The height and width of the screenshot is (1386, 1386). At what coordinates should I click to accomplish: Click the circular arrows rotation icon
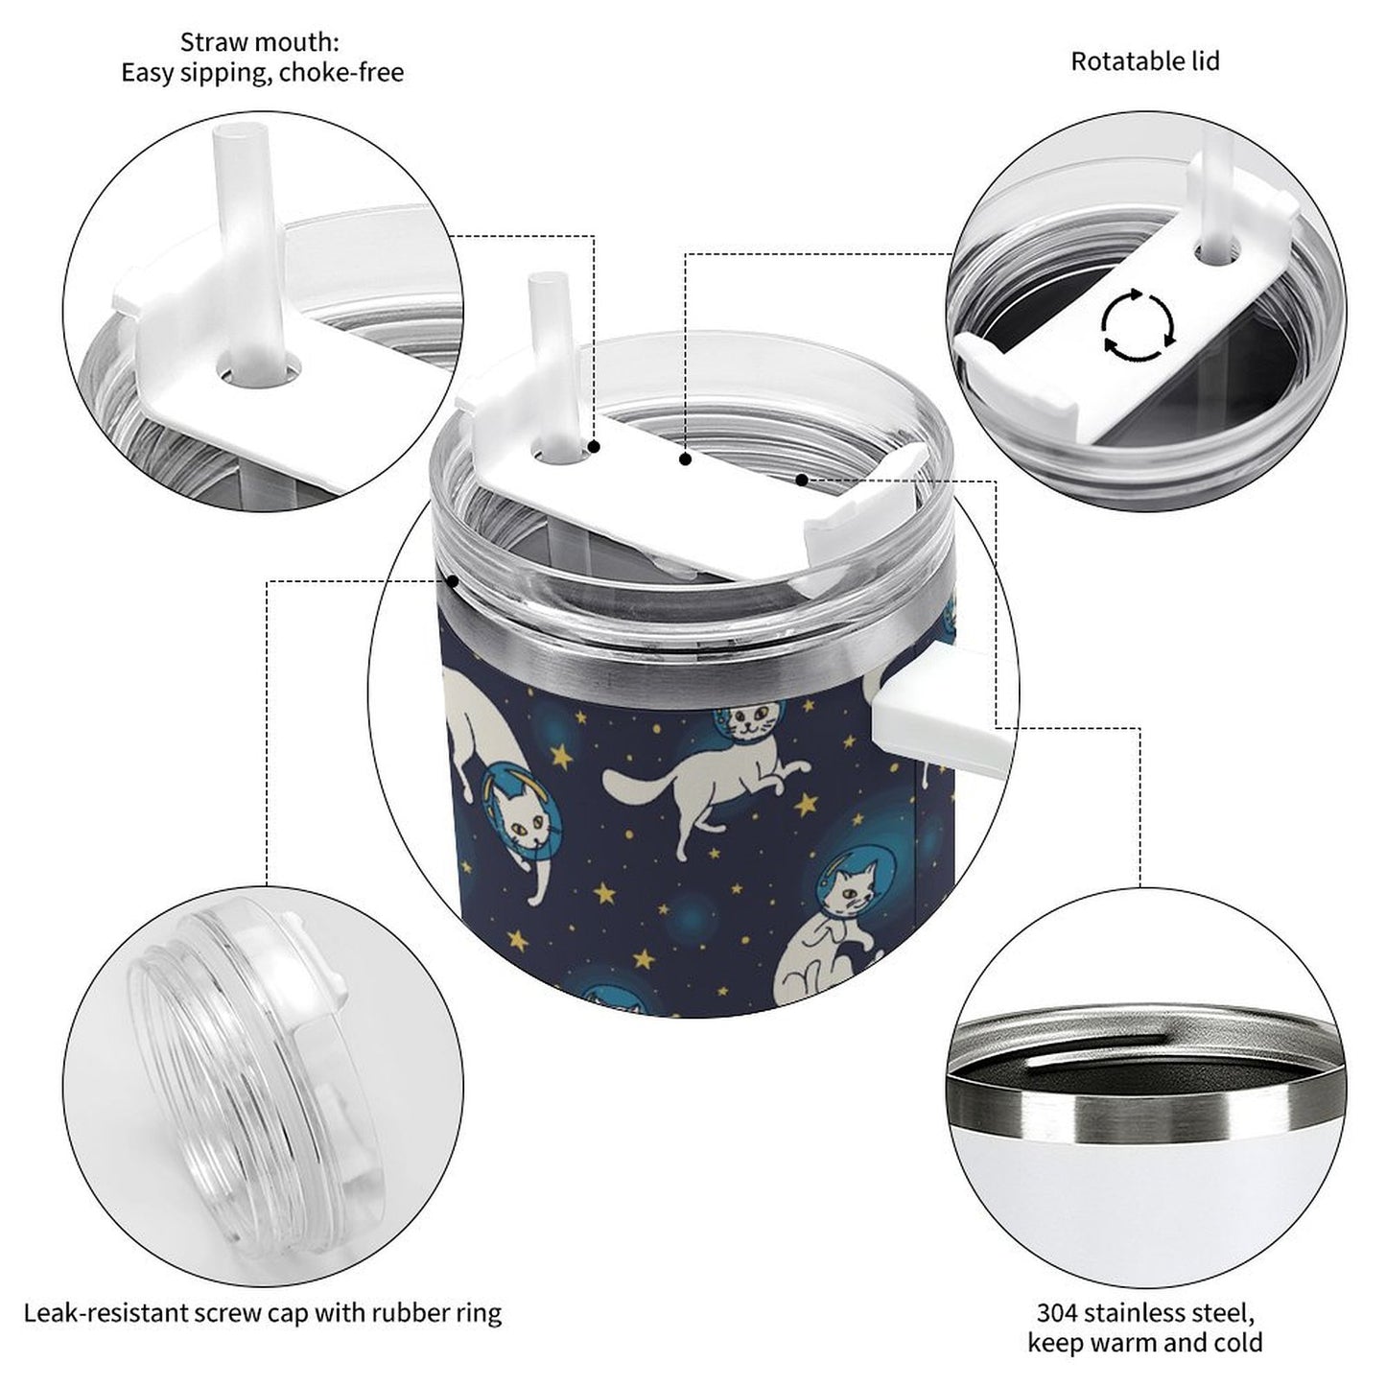click(x=1137, y=325)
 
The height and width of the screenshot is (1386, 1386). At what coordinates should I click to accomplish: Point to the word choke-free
click(x=341, y=73)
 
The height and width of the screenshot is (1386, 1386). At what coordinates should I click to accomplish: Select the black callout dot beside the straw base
click(x=594, y=447)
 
